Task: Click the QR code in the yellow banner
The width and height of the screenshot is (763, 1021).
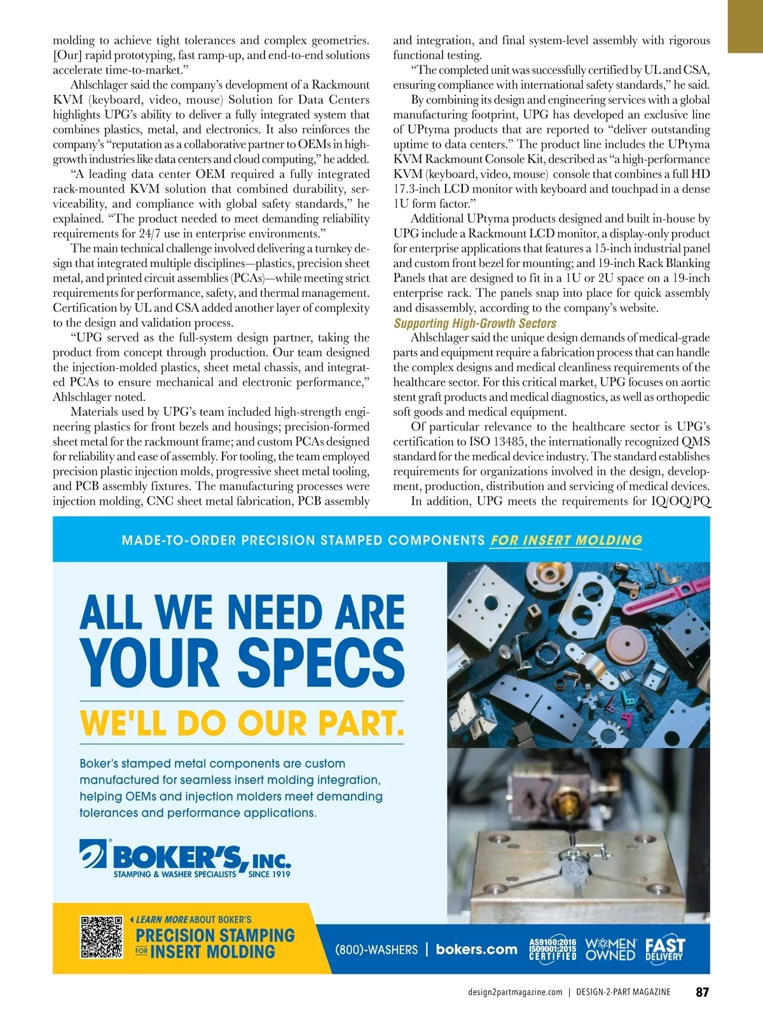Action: [x=101, y=937]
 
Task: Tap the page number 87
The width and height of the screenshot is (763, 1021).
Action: [x=702, y=992]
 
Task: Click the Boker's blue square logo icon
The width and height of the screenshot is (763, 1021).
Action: [x=93, y=854]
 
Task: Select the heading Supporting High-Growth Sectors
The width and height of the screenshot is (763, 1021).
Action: [x=475, y=323]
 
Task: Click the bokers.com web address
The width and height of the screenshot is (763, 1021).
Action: [x=476, y=949]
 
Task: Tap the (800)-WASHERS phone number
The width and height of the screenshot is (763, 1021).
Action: [x=376, y=950]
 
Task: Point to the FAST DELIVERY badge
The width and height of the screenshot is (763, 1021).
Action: [x=665, y=949]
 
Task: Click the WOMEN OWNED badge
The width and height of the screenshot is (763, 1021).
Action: [x=610, y=949]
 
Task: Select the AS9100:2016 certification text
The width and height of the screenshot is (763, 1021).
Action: [x=553, y=942]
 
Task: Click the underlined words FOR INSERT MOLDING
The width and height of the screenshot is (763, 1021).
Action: [x=566, y=540]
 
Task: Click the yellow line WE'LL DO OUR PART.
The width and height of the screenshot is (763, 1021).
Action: [x=242, y=723]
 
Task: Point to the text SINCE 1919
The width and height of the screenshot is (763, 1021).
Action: [x=269, y=874]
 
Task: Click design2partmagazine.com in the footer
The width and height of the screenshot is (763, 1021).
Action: [x=515, y=992]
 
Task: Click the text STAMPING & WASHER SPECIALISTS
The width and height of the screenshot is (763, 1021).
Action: [x=174, y=874]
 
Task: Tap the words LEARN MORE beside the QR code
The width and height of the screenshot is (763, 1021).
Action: [x=162, y=919]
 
